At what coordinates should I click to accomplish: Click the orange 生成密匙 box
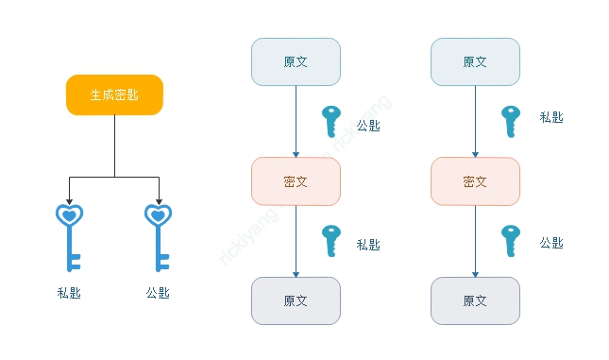[x=114, y=94]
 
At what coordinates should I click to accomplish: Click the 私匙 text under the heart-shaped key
[x=69, y=293]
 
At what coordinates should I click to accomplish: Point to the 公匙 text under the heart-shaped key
[x=158, y=293]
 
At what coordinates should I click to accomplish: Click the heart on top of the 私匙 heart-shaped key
[x=69, y=216]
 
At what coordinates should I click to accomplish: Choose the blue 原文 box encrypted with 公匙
[x=296, y=61]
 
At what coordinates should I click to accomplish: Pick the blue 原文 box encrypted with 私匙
[x=475, y=61]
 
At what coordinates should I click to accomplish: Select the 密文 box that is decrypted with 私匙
[x=296, y=180]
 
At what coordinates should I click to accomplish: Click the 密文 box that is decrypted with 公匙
[x=475, y=180]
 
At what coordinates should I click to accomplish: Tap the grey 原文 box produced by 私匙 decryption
[x=296, y=300]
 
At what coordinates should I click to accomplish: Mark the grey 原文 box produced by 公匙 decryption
[x=475, y=300]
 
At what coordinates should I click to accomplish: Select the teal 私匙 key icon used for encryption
[x=510, y=121]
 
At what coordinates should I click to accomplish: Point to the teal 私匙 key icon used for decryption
[x=330, y=240]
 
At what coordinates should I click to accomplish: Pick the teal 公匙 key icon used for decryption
[x=510, y=240]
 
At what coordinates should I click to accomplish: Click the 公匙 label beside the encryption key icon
[x=368, y=126]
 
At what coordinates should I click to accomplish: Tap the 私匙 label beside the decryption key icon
[x=368, y=245]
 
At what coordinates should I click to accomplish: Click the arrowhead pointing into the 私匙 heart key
[x=69, y=200]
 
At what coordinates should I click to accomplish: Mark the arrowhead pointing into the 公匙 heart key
[x=158, y=200]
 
